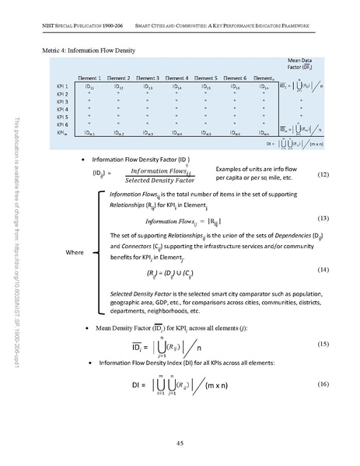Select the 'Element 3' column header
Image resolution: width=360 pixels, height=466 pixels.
(x=146, y=78)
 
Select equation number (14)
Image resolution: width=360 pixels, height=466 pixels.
(x=325, y=269)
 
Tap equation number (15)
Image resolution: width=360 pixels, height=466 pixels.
(x=325, y=343)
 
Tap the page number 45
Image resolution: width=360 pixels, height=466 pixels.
(x=179, y=444)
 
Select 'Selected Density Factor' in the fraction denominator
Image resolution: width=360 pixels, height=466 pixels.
(x=166, y=181)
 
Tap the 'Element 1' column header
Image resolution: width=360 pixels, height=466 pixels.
(x=96, y=78)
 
